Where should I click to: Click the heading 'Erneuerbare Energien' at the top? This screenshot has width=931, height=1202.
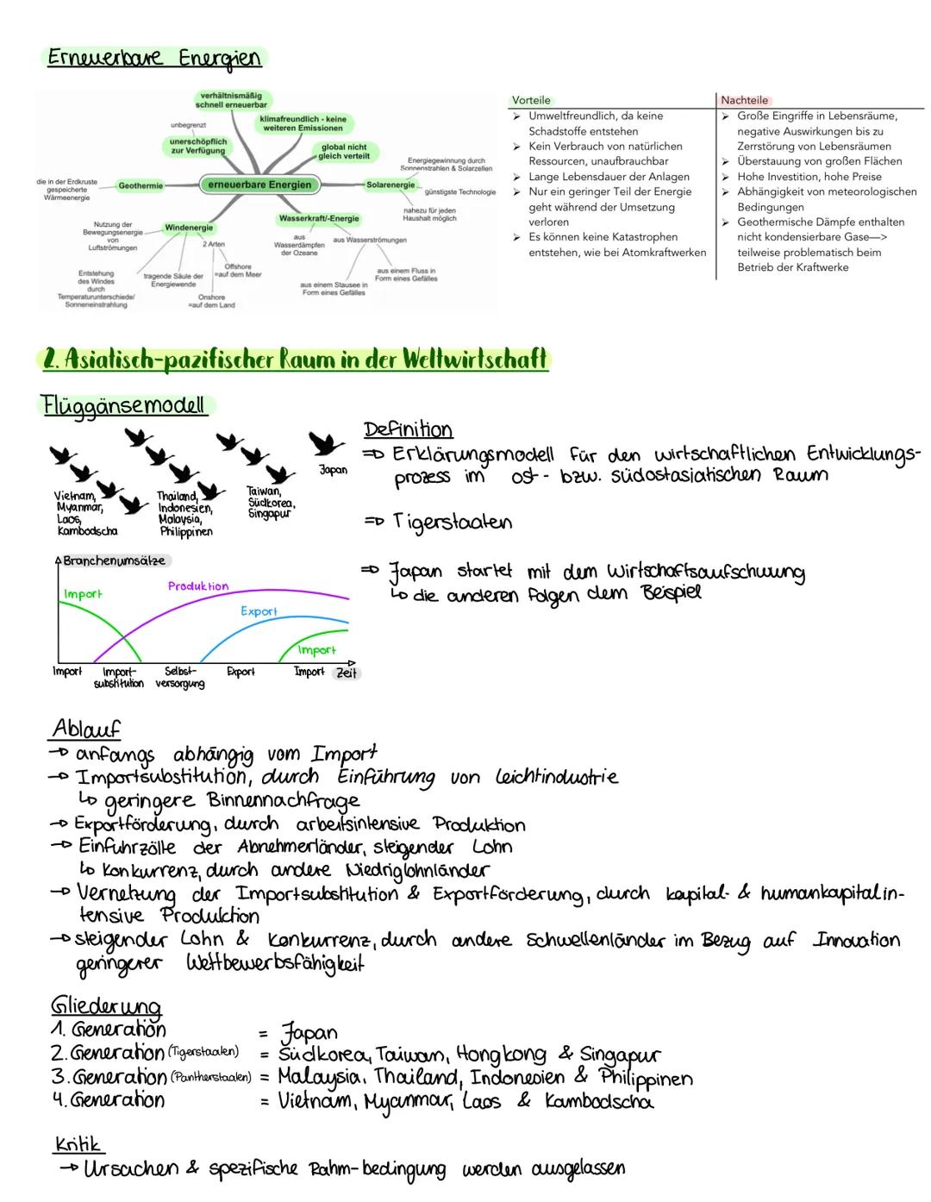tap(152, 59)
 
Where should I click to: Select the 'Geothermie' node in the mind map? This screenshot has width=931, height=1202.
tap(141, 186)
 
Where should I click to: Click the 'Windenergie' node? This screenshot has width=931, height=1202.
tap(189, 229)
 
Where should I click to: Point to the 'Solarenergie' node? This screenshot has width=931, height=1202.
tap(390, 185)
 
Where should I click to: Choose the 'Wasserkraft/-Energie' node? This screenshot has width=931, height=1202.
tap(319, 219)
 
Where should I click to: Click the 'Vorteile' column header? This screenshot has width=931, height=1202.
tap(531, 100)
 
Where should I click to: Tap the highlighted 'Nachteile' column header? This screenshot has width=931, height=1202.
tap(744, 100)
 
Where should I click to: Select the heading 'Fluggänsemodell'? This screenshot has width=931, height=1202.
tap(125, 404)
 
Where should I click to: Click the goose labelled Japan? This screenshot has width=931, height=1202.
tap(326, 445)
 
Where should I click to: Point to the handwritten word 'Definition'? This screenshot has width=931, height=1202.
tap(408, 429)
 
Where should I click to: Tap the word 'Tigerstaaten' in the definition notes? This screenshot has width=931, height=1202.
tap(453, 523)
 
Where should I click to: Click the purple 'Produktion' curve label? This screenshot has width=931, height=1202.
tap(198, 586)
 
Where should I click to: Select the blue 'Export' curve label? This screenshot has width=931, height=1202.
tap(259, 611)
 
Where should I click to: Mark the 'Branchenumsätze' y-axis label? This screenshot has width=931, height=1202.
tap(115, 560)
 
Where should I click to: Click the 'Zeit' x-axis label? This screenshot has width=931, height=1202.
tap(347, 673)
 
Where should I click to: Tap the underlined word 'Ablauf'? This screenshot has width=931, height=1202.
tap(86, 729)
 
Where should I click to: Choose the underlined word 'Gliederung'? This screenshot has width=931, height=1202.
tap(106, 1006)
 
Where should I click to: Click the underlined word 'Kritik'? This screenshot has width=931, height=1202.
tap(78, 1144)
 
